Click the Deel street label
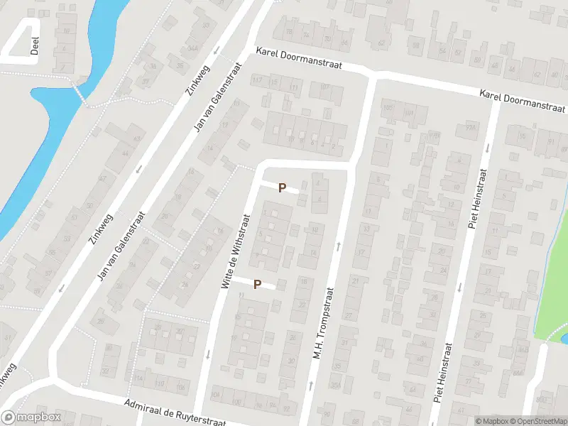tap(34, 45)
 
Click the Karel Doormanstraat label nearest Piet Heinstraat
tap(522, 101)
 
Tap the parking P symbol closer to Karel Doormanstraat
tap(282, 188)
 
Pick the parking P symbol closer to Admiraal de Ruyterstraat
tap(258, 284)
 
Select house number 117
tap(257, 80)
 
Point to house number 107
tap(326, 87)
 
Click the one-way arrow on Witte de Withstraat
tap(207, 354)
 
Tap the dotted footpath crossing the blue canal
tap(80, 94)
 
